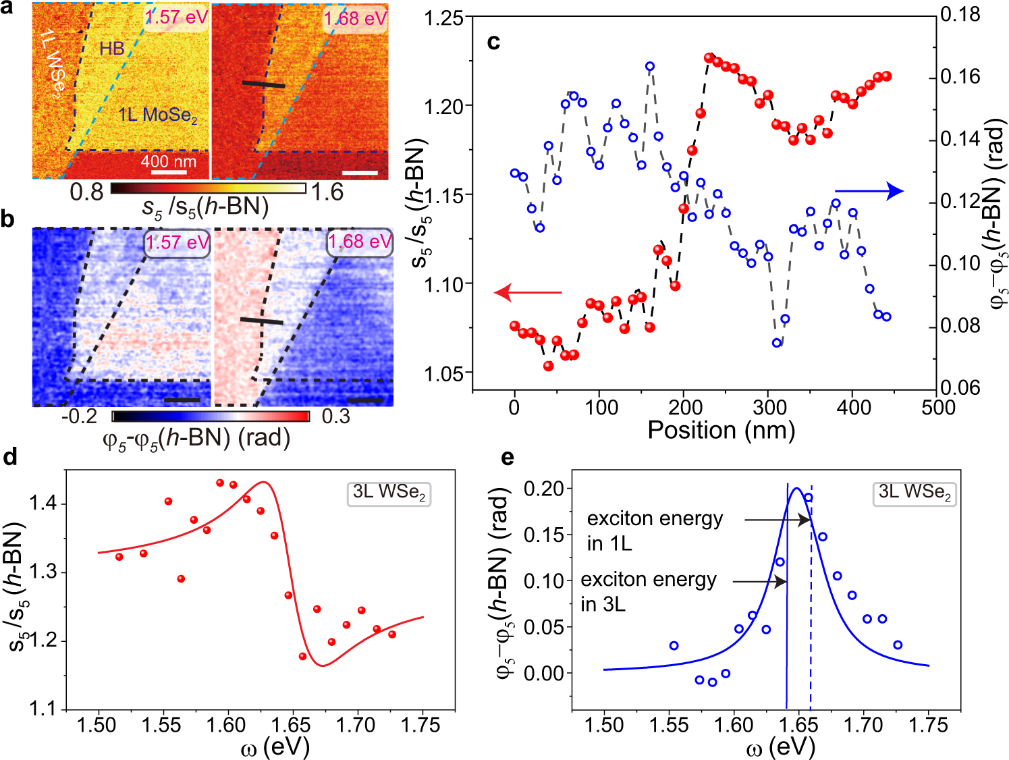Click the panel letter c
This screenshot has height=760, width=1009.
[493, 43]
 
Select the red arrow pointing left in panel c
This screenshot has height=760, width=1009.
[528, 292]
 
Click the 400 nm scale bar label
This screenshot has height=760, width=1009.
[168, 161]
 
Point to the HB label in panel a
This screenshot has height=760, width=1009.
[112, 49]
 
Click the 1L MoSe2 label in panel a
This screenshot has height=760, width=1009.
[158, 115]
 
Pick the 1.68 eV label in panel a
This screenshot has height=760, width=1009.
[355, 18]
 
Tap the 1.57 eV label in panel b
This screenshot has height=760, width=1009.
[177, 242]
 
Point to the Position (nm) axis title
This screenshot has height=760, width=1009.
[721, 430]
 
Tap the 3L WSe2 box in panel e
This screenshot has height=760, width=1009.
[915, 493]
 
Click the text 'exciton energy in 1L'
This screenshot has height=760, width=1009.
[654, 531]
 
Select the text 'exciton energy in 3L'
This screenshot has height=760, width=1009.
[648, 591]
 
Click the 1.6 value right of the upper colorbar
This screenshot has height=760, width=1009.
[327, 192]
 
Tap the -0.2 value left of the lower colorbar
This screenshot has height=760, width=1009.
[80, 416]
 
